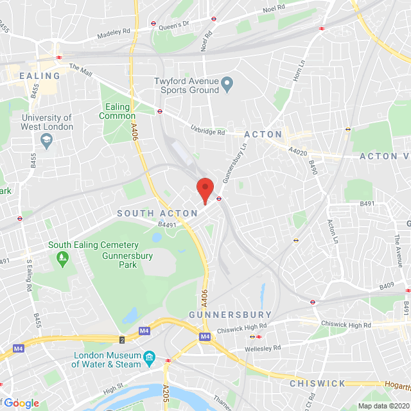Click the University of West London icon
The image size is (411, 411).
click(47, 139)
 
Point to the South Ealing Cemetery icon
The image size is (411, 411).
click(62, 259)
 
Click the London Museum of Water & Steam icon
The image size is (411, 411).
click(149, 356)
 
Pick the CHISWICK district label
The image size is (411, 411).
click(317, 383)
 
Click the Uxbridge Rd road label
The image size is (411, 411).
click(208, 131)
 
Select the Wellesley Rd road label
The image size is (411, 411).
click(263, 349)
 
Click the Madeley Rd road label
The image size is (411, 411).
click(113, 33)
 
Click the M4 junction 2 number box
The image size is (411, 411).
click(121, 339)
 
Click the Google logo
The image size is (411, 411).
click(22, 403)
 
